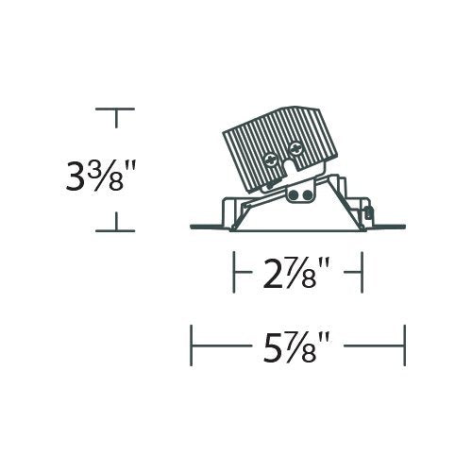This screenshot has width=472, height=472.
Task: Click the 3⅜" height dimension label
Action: pyautogui.click(x=100, y=176)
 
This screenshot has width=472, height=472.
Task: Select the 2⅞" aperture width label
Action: pyautogui.click(x=296, y=273)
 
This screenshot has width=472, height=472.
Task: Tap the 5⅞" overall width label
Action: pyautogui.click(x=296, y=346)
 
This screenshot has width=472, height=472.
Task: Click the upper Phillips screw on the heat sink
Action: pyautogui.click(x=295, y=147)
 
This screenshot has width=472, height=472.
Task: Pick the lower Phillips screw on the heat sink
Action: pyautogui.click(x=271, y=160)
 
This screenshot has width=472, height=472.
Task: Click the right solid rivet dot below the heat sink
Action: pyautogui.click(x=307, y=195)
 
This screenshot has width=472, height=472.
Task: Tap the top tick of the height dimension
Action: pyautogui.click(x=116, y=110)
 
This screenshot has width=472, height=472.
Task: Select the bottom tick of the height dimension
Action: pyautogui.click(x=116, y=230)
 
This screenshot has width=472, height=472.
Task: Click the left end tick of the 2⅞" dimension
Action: pyautogui.click(x=234, y=273)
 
